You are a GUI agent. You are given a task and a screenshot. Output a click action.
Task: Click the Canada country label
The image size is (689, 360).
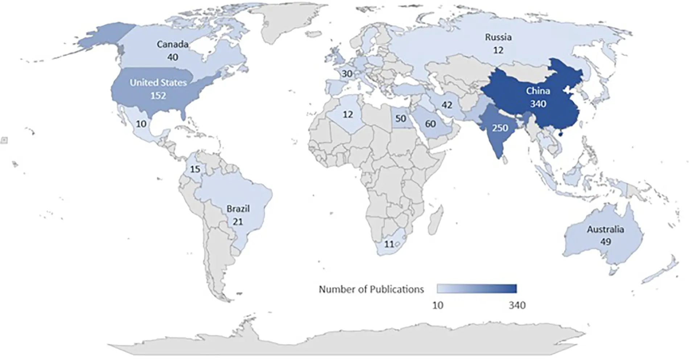coord(172,44)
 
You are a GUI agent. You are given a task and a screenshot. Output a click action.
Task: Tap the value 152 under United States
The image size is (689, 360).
coord(158,96)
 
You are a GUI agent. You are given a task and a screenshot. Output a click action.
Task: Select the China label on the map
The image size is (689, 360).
coord(538,91)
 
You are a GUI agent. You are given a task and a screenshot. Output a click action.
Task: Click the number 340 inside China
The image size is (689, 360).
coord(538,104)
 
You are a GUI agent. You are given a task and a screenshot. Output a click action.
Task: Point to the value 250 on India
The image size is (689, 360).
coord(500,128)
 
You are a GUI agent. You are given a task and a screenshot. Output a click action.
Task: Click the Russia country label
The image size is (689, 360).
coord(498,37)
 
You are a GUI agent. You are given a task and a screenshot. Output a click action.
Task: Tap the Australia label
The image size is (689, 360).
coord(605,229)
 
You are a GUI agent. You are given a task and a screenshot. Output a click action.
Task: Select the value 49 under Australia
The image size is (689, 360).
coord(605,241)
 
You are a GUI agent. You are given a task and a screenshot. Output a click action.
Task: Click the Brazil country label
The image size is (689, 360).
coord(238,209)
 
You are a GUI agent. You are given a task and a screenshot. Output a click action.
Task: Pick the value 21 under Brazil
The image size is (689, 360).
coord(238,221)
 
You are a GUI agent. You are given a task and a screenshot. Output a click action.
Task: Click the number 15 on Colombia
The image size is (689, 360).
coord(195,169)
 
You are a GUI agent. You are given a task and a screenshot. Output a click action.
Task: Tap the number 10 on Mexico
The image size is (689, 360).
coord(141,124)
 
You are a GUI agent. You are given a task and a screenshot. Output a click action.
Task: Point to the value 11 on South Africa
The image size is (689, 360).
coord(389,244)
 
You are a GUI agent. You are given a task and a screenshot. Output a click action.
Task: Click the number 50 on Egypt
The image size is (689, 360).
coord(400,118)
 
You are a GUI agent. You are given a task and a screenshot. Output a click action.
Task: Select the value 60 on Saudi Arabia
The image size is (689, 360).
coord(430,124)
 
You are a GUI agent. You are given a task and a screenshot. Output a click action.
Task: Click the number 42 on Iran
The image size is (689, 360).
coord(446,105)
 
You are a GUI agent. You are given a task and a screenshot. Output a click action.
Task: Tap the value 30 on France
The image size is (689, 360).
coord(347,74)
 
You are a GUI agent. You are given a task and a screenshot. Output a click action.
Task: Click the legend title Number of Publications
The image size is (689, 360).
coord(371,289)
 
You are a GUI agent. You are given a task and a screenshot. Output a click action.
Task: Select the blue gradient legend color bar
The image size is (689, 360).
coord(476,289)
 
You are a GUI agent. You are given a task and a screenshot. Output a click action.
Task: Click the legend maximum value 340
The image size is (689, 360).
coord(517,305)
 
